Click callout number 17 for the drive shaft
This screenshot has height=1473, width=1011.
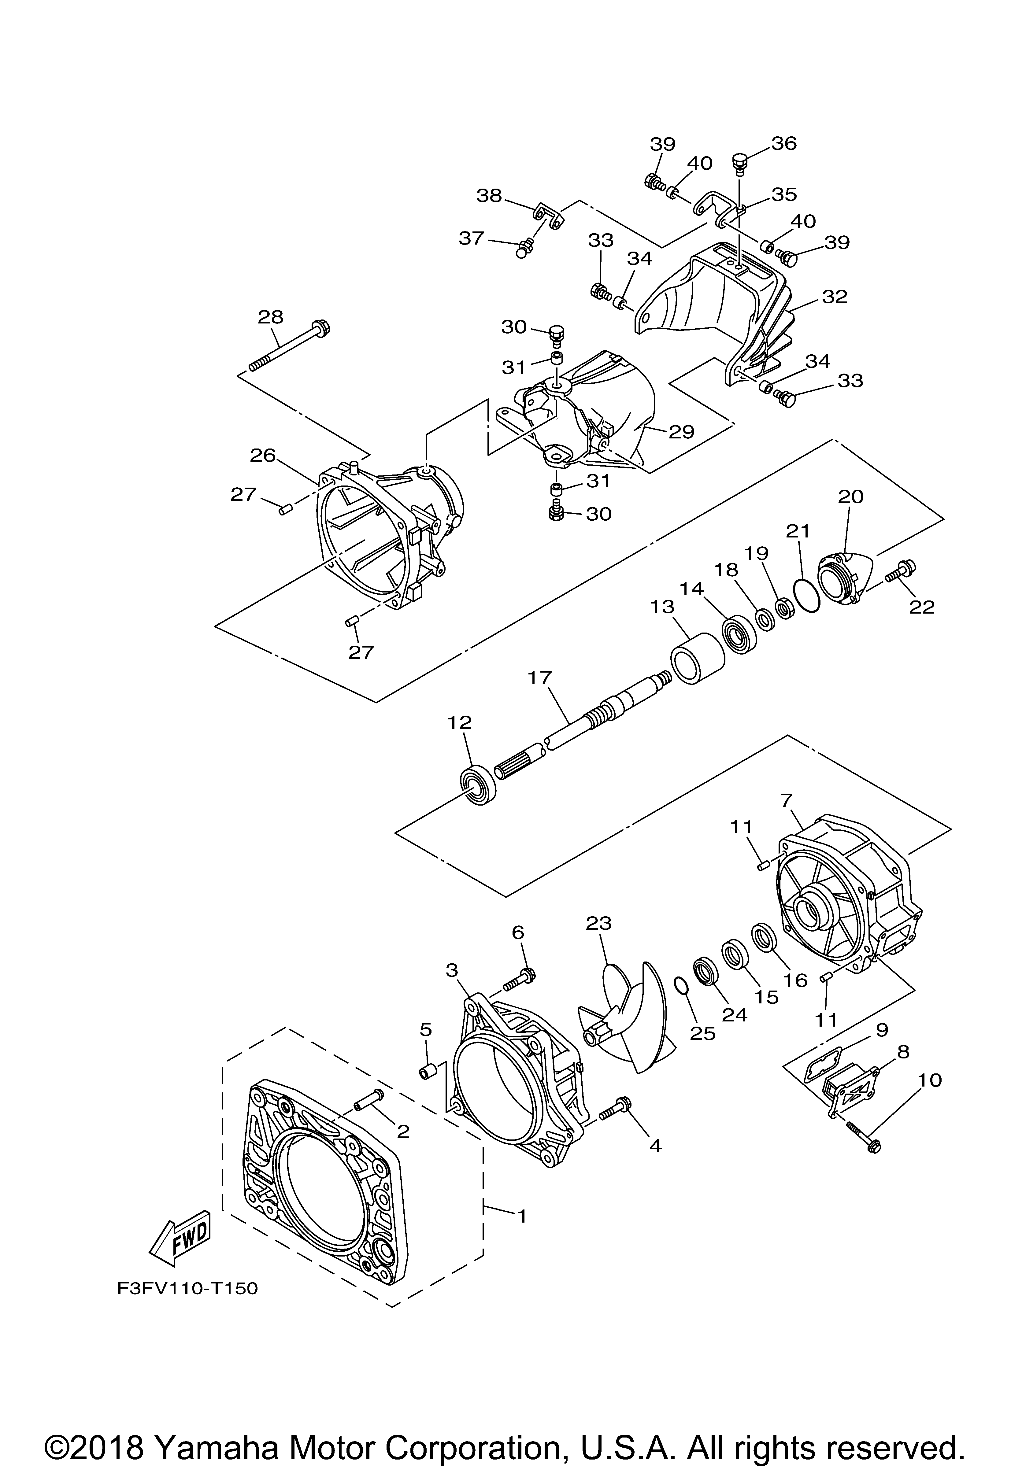540,678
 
